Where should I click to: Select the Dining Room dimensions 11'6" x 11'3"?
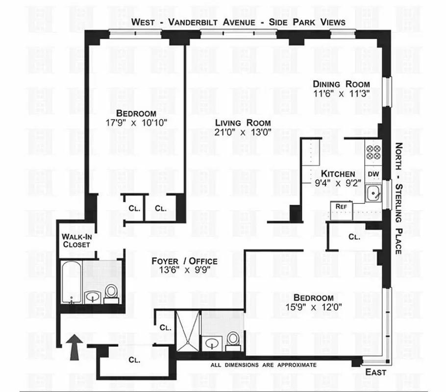pyautogui.click(x=342, y=93)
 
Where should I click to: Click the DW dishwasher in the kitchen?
pyautogui.click(x=373, y=174)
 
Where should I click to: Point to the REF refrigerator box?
pyautogui.click(x=342, y=207)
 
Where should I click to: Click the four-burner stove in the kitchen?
pyautogui.click(x=373, y=153)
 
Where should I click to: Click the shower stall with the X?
pyautogui.click(x=186, y=332)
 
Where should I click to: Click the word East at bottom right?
pyautogui.click(x=376, y=372)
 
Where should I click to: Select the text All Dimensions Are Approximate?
pyautogui.click(x=264, y=365)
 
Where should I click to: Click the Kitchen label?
pyautogui.click(x=338, y=174)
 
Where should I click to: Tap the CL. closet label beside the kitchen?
pyautogui.click(x=354, y=237)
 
